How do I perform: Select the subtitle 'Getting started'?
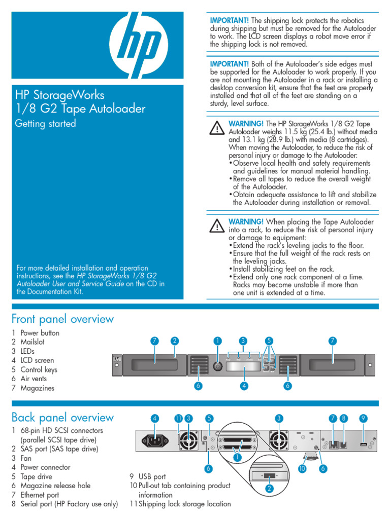pyautogui.click(x=45, y=123)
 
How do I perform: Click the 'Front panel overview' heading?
pyautogui.click(x=62, y=319)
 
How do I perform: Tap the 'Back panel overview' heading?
pyautogui.click(x=62, y=418)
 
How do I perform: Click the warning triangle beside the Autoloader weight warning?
pyautogui.click(x=217, y=127)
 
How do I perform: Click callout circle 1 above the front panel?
pyautogui.click(x=218, y=341)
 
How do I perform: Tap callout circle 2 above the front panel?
pyautogui.click(x=174, y=341)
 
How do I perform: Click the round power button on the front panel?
pyautogui.click(x=218, y=365)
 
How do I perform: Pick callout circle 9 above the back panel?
pyautogui.click(x=363, y=418)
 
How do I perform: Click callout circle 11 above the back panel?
pyautogui.click(x=178, y=418)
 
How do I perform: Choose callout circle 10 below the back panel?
pyautogui.click(x=302, y=469)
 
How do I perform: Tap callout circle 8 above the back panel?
pyautogui.click(x=344, y=418)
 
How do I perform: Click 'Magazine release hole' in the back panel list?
pyautogui.click(x=55, y=486)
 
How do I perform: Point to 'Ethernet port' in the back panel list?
pyautogui.click(x=40, y=495)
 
